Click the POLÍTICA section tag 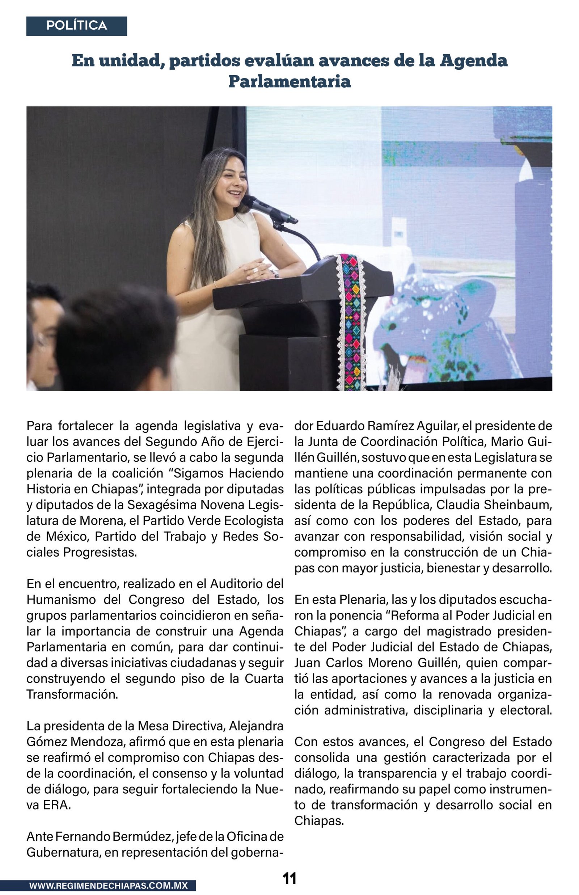[76, 26]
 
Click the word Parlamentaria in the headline [289, 81]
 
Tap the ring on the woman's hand [255, 270]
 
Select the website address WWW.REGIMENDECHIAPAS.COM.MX [108, 886]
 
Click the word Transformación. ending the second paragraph [72, 694]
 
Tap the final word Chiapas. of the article [319, 820]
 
